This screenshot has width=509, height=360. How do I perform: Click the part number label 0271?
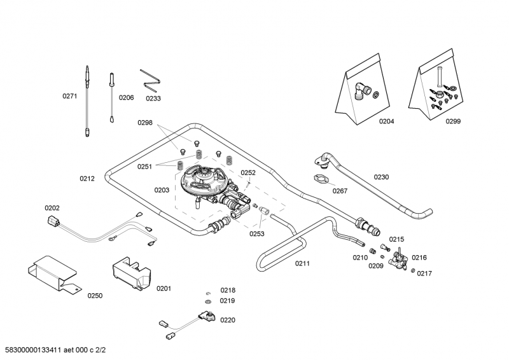coord(69,96)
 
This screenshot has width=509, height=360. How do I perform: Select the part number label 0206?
coord(126,97)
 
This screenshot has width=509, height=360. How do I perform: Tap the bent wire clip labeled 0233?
coord(151,79)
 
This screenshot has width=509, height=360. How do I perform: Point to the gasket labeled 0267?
coord(322,181)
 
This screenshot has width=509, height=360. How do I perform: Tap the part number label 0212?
coord(87,179)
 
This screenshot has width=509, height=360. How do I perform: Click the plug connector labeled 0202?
coord(53,222)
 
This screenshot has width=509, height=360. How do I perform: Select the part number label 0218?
coord(227,290)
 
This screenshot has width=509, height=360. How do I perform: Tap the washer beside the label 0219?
coord(208,301)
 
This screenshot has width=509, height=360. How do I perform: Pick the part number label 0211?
coord(302,263)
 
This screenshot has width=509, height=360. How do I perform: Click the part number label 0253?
coord(256,233)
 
